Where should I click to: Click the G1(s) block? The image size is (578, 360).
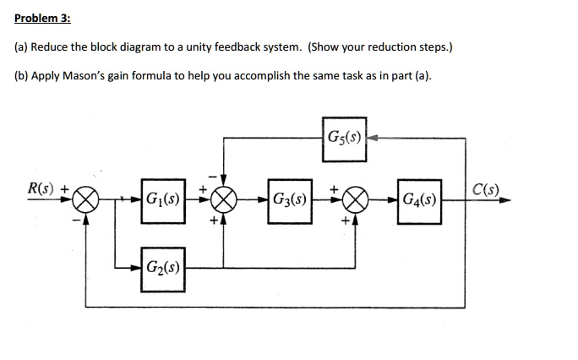[162, 201]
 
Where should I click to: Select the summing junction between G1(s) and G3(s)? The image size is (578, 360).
[224, 201]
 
